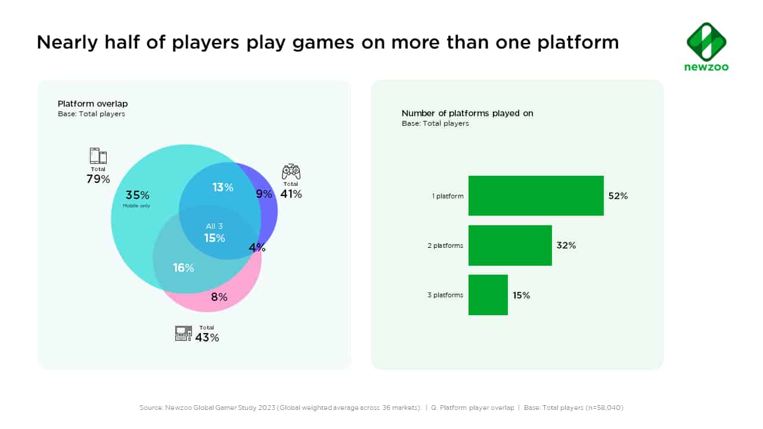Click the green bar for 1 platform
[x=536, y=195]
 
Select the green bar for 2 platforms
[x=510, y=245]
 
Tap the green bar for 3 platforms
[x=488, y=294]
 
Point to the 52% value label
[x=618, y=195]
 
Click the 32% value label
[x=566, y=245]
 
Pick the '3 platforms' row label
[x=445, y=295]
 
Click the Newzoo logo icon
[x=706, y=42]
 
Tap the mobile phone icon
[x=98, y=156]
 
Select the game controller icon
[x=291, y=172]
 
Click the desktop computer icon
[x=184, y=334]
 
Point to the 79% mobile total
[x=98, y=179]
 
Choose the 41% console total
[x=291, y=194]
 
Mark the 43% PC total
[x=207, y=338]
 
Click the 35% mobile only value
[x=137, y=195]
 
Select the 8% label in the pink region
[x=219, y=297]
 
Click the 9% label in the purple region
[x=264, y=194]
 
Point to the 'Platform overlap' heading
[x=92, y=104]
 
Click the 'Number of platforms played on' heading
[x=467, y=113]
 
